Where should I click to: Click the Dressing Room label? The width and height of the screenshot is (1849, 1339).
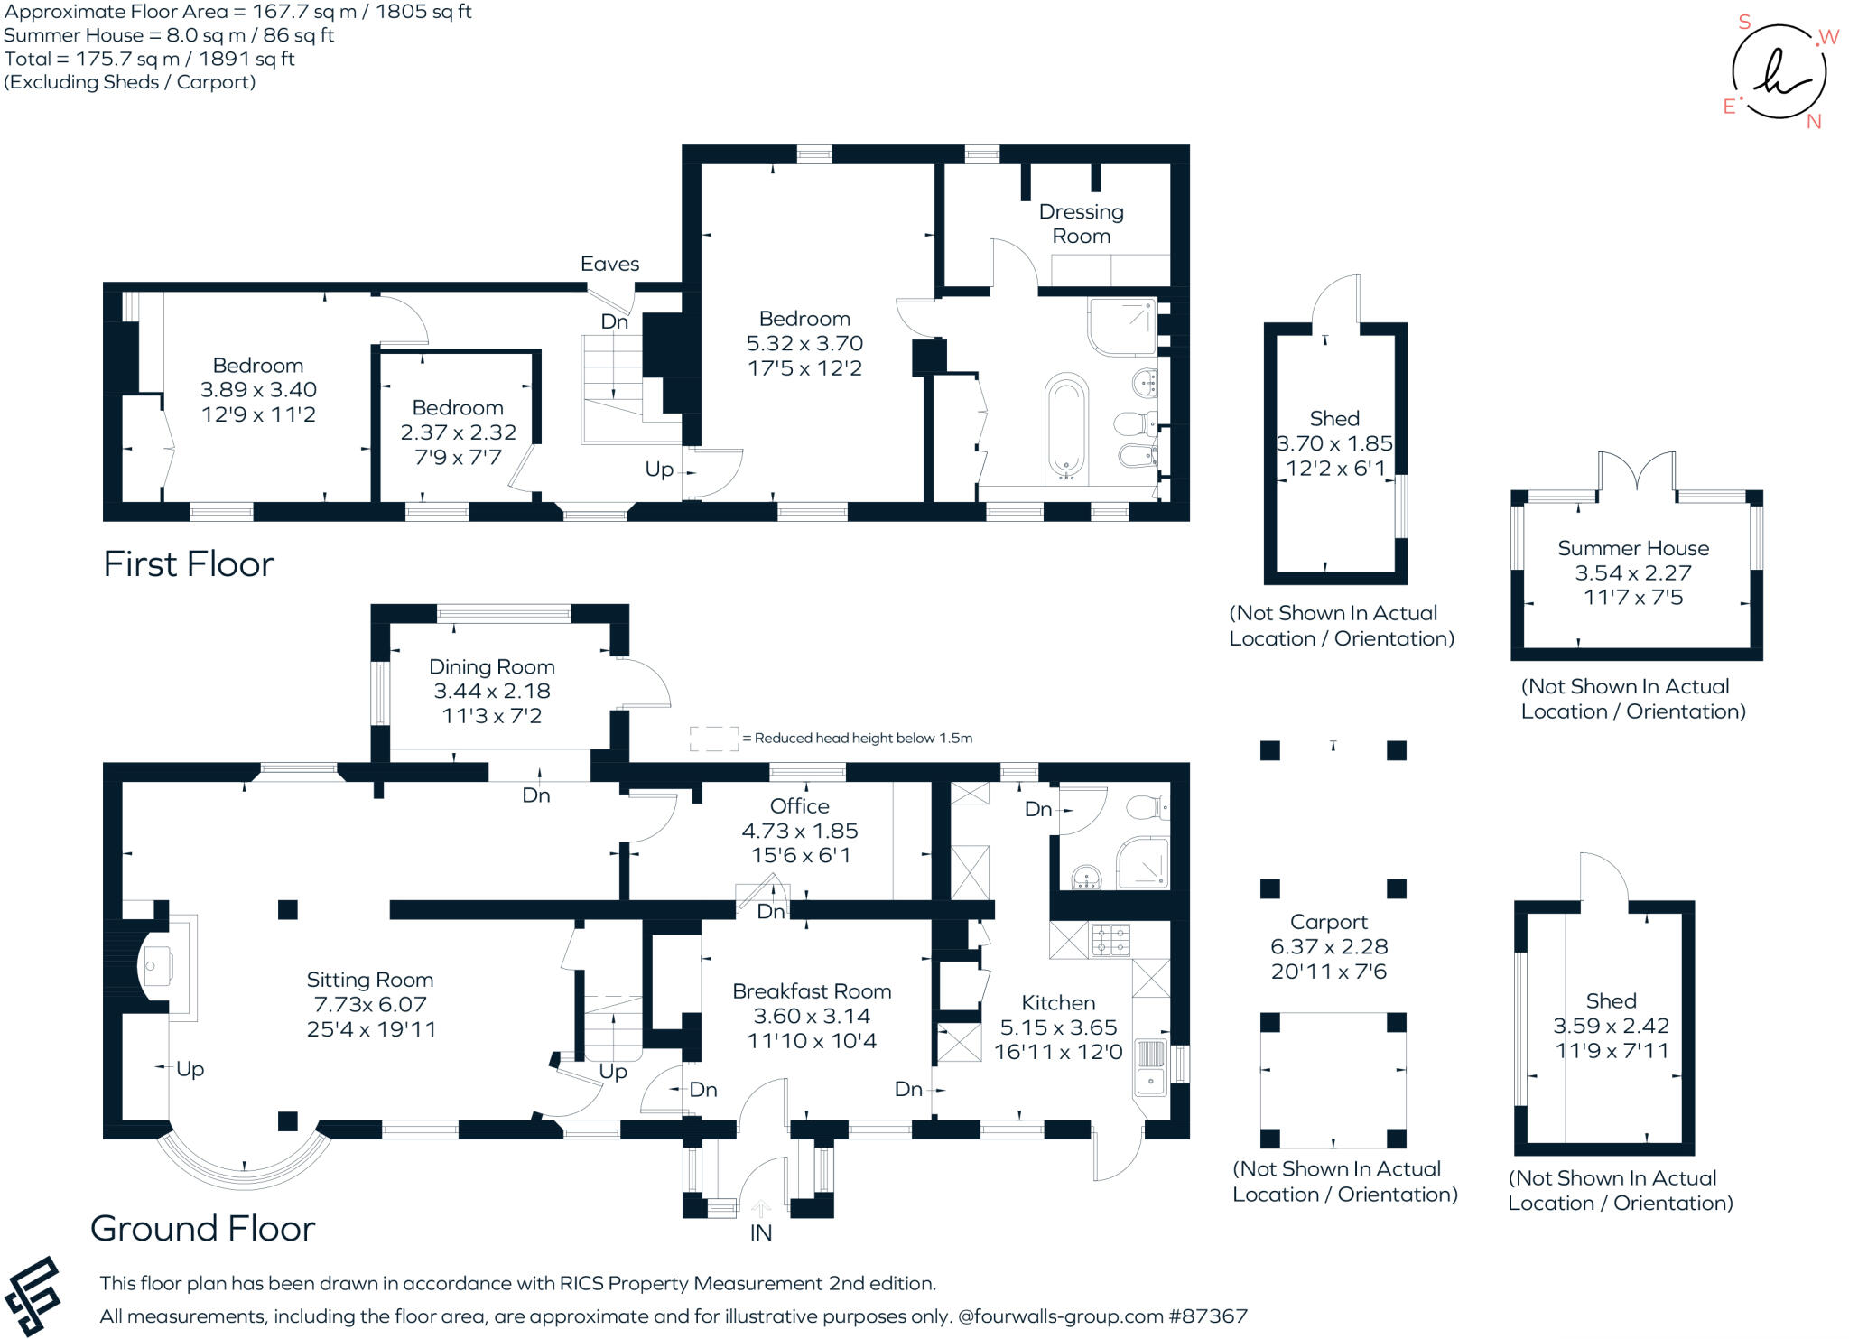(1081, 224)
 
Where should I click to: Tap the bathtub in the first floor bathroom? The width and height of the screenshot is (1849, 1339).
(1066, 428)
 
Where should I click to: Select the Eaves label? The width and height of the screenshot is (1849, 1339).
(609, 264)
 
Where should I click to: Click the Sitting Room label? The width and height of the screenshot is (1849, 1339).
(370, 980)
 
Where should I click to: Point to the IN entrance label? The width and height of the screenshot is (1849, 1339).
(761, 1233)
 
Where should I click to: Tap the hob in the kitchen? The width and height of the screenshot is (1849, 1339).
(1110, 940)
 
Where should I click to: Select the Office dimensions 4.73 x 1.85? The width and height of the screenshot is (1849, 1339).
(800, 831)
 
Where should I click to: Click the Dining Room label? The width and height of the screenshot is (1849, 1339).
(492, 667)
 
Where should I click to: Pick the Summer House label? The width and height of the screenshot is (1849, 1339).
(1633, 548)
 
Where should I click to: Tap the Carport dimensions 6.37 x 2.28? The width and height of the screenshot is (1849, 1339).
(1329, 946)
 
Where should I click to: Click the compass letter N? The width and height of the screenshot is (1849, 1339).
(1814, 122)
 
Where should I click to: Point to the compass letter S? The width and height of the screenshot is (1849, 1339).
(1744, 22)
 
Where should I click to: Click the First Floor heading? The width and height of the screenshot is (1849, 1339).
(189, 564)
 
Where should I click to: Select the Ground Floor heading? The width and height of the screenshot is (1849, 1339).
(203, 1228)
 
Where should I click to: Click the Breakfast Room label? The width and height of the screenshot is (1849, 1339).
(812, 991)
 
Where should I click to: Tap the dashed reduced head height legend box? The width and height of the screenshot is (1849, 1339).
(714, 739)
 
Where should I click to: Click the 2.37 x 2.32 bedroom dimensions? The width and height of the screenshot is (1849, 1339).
(459, 432)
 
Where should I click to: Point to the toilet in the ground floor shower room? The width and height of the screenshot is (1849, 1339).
(1149, 806)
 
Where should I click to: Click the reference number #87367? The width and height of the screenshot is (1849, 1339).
(1208, 1316)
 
